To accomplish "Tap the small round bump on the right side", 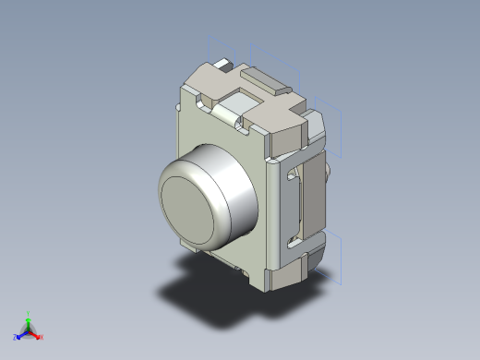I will tap(330, 173).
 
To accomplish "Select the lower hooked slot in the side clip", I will tap(294, 242).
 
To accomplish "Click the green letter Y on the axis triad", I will tap(29, 314).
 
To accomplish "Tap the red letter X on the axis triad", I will tap(42, 337).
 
